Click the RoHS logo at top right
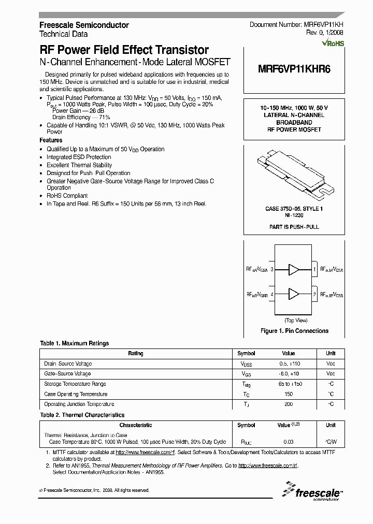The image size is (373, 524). pos(333,43)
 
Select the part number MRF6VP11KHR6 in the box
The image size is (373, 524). pos(294,73)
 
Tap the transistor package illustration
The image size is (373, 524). pos(294,176)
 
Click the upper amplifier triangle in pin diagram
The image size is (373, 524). pos(294,269)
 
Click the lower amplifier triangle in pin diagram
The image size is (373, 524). pos(294,294)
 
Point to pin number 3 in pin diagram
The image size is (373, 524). pos(272,269)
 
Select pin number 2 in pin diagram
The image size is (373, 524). pos(314,294)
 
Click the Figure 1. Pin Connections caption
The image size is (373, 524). pos(294,331)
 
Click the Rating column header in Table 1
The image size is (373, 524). pos(136,354)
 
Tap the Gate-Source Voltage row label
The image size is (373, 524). pos(67,374)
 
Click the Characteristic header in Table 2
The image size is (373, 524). pos(136,425)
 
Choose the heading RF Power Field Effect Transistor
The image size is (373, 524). pos(124,50)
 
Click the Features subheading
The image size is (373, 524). pos(51,140)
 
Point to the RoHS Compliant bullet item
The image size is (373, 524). pos(67,196)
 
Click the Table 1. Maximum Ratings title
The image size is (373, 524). pos(75,343)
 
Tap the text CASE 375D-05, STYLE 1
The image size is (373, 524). pos(294,209)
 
